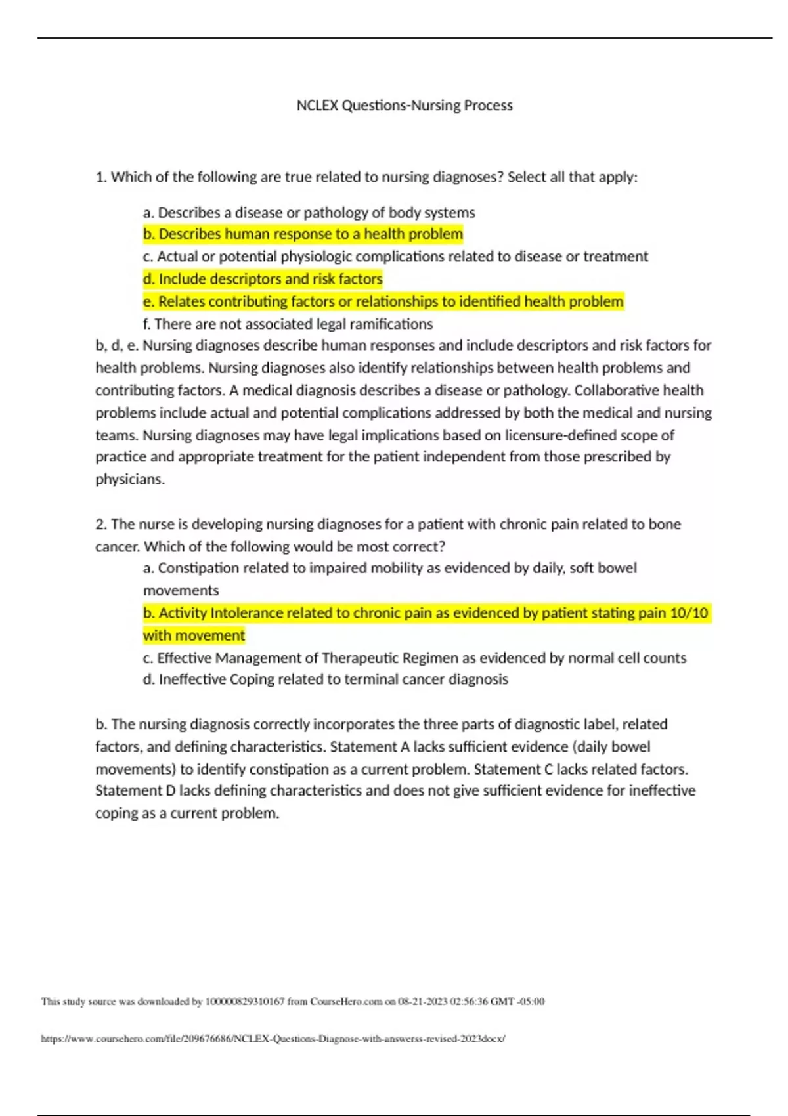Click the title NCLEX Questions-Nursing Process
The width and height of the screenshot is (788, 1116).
tap(404, 106)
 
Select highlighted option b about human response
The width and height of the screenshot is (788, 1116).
tap(303, 234)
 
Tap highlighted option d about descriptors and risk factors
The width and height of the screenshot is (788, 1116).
tap(263, 279)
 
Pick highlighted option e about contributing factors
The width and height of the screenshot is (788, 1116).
tap(383, 302)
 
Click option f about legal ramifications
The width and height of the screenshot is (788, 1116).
tap(288, 324)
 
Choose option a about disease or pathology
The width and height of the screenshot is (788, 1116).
tap(309, 213)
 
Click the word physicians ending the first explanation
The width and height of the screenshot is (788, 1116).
tap(129, 479)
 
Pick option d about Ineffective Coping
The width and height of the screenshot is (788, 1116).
tap(325, 679)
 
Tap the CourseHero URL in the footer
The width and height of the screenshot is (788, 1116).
tap(273, 1039)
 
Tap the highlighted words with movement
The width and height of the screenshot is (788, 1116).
tap(194, 635)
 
